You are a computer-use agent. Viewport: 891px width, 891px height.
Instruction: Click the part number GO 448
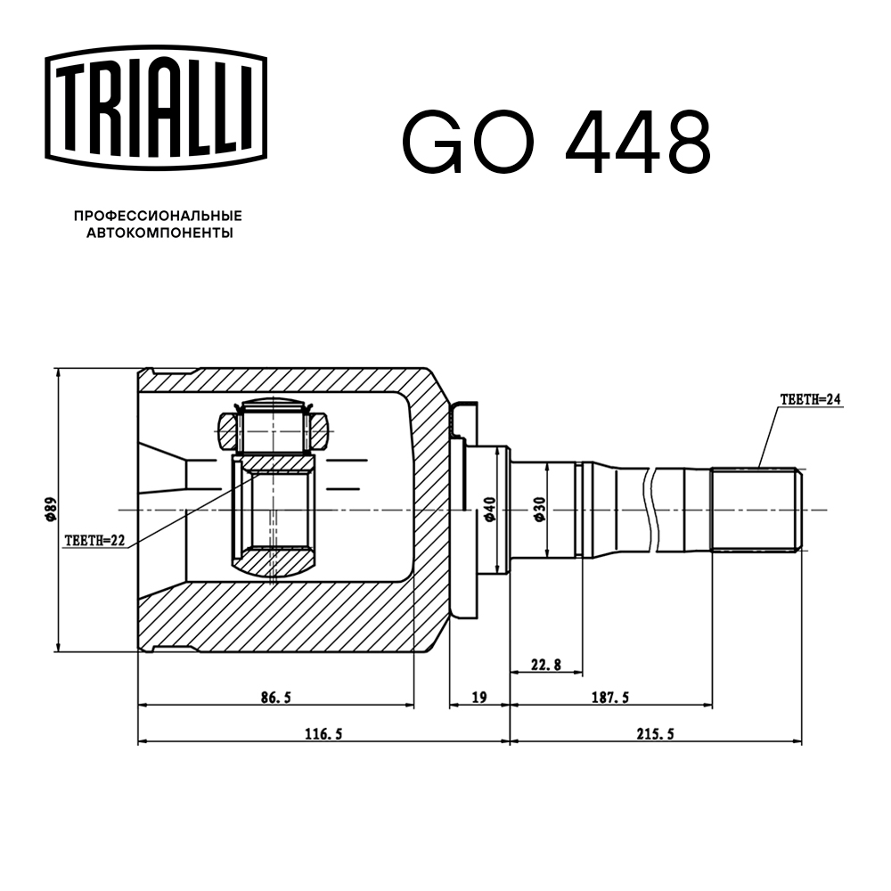coord(556,143)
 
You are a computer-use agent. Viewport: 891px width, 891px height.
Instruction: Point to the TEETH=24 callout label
coord(810,399)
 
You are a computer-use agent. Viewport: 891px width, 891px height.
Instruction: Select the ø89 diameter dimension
coord(52,511)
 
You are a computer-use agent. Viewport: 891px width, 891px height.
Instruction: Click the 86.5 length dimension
coord(275,698)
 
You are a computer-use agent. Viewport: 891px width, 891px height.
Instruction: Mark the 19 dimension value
coord(478,698)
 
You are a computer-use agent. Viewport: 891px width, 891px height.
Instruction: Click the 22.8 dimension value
coord(545,664)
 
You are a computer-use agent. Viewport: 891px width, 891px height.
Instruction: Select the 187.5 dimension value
coord(611,698)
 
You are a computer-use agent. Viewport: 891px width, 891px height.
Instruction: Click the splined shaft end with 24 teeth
coord(756,510)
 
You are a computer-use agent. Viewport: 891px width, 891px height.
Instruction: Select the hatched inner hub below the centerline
coord(274,561)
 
